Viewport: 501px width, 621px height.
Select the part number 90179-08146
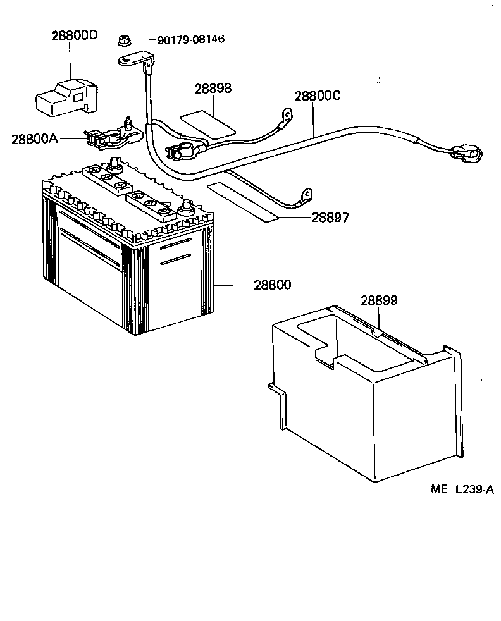[190, 40]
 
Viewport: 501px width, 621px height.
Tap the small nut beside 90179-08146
[124, 42]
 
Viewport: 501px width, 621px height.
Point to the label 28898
[213, 89]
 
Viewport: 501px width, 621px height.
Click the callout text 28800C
[317, 97]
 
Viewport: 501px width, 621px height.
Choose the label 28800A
[34, 138]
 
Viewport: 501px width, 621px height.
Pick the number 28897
[330, 218]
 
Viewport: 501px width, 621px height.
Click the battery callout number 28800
[273, 285]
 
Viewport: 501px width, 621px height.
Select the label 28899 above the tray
[379, 300]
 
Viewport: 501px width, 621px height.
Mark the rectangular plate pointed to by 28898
[207, 124]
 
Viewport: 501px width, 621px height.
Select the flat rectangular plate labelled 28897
[244, 202]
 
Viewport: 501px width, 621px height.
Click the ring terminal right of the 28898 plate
[287, 114]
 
